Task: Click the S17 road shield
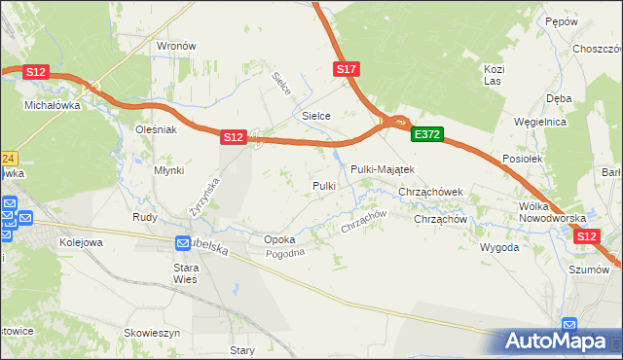click(348, 69)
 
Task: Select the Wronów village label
click(177, 46)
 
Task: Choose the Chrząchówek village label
click(436, 193)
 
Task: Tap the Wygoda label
click(498, 247)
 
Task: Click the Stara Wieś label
click(185, 272)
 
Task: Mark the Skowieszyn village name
click(153, 333)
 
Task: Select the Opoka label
click(279, 239)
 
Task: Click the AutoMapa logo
click(556, 341)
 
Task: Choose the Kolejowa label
click(81, 242)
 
